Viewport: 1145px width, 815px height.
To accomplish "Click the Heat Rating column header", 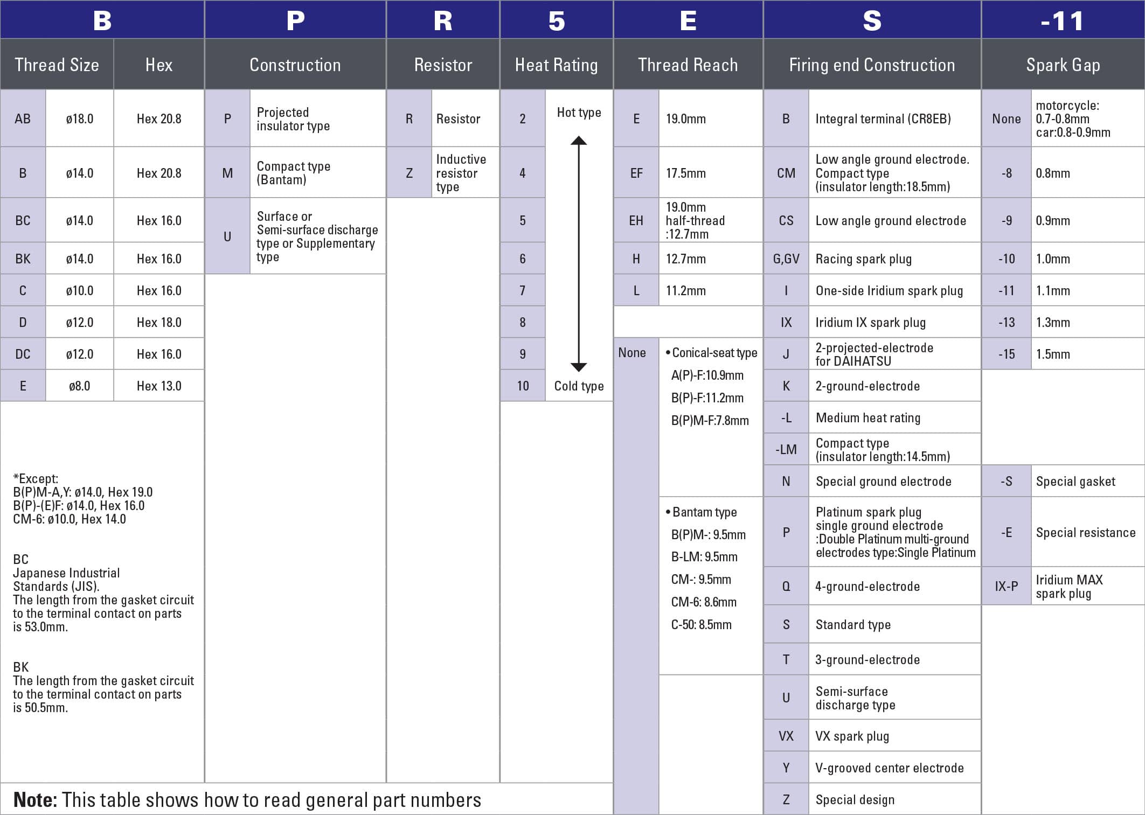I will pos(556,65).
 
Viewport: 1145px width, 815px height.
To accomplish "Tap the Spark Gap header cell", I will pos(1063,65).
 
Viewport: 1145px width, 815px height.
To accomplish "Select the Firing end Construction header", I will pos(871,65).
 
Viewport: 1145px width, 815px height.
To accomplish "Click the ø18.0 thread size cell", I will pos(79,119).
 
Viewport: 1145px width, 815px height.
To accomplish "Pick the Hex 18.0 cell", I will pos(159,322).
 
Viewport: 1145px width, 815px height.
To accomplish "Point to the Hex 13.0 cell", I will pos(159,386).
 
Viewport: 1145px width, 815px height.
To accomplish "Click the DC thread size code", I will pos(23,354).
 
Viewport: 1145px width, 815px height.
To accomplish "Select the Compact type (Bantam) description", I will pos(293,173).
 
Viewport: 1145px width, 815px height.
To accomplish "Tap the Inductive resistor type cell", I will pos(461,173).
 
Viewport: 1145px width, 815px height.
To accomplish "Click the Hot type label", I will pos(579,113).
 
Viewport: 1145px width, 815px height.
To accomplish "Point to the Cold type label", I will pos(579,386).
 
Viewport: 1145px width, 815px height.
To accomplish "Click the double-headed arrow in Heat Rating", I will pos(579,254).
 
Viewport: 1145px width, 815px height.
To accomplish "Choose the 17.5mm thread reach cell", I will pos(685,173).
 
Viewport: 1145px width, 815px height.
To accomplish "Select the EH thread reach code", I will pos(636,220).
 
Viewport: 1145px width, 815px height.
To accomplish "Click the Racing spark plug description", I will pos(863,259).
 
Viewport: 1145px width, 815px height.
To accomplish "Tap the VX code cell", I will pos(786,736).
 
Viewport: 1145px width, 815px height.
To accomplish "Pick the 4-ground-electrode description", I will pos(867,586).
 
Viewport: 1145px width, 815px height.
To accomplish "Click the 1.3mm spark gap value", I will pos(1053,322).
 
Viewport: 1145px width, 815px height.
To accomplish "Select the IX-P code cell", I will pos(1006,586).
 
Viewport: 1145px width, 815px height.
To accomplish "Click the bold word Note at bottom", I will pos(35,800).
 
